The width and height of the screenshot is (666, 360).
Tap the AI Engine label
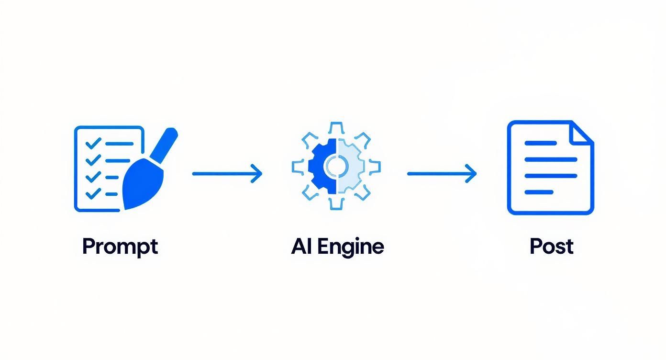tap(337, 247)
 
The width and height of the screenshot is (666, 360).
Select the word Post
tap(551, 247)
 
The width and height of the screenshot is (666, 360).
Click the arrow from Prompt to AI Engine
tap(227, 173)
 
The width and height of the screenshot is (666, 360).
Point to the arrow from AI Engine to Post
tap(442, 173)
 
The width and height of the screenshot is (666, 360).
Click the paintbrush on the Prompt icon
tap(146, 177)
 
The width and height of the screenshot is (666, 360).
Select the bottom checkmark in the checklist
tap(93, 194)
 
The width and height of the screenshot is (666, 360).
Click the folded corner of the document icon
tap(583, 132)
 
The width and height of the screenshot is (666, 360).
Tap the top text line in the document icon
tap(541, 143)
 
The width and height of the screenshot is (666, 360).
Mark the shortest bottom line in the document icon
tap(539, 192)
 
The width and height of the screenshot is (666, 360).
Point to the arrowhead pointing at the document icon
tap(471, 173)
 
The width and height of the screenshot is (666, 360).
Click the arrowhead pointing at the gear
tap(257, 173)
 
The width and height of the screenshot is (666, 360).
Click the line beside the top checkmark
tap(120, 143)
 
